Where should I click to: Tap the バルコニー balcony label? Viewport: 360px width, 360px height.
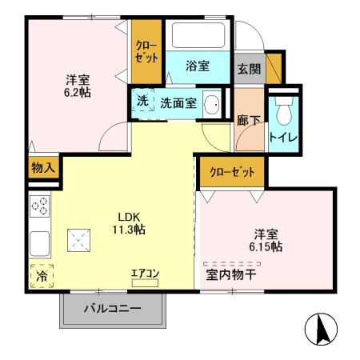[x=113, y=309]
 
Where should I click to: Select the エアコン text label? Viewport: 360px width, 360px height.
[x=146, y=274]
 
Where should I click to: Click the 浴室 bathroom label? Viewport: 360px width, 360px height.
[x=198, y=66]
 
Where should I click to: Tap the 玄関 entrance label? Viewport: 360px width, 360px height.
[x=248, y=69]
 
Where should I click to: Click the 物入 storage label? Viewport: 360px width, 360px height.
[x=42, y=168]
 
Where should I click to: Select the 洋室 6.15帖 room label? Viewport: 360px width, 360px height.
[x=265, y=240]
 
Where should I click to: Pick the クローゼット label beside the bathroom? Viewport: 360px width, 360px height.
[x=146, y=52]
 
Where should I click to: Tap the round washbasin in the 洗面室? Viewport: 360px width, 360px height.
[x=213, y=104]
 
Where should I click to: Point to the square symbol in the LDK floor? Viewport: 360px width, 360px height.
[x=78, y=238]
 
